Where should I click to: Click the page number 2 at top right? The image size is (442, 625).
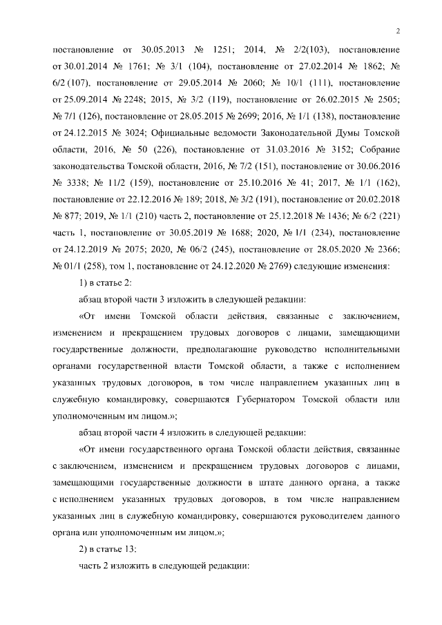pos(398,30)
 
